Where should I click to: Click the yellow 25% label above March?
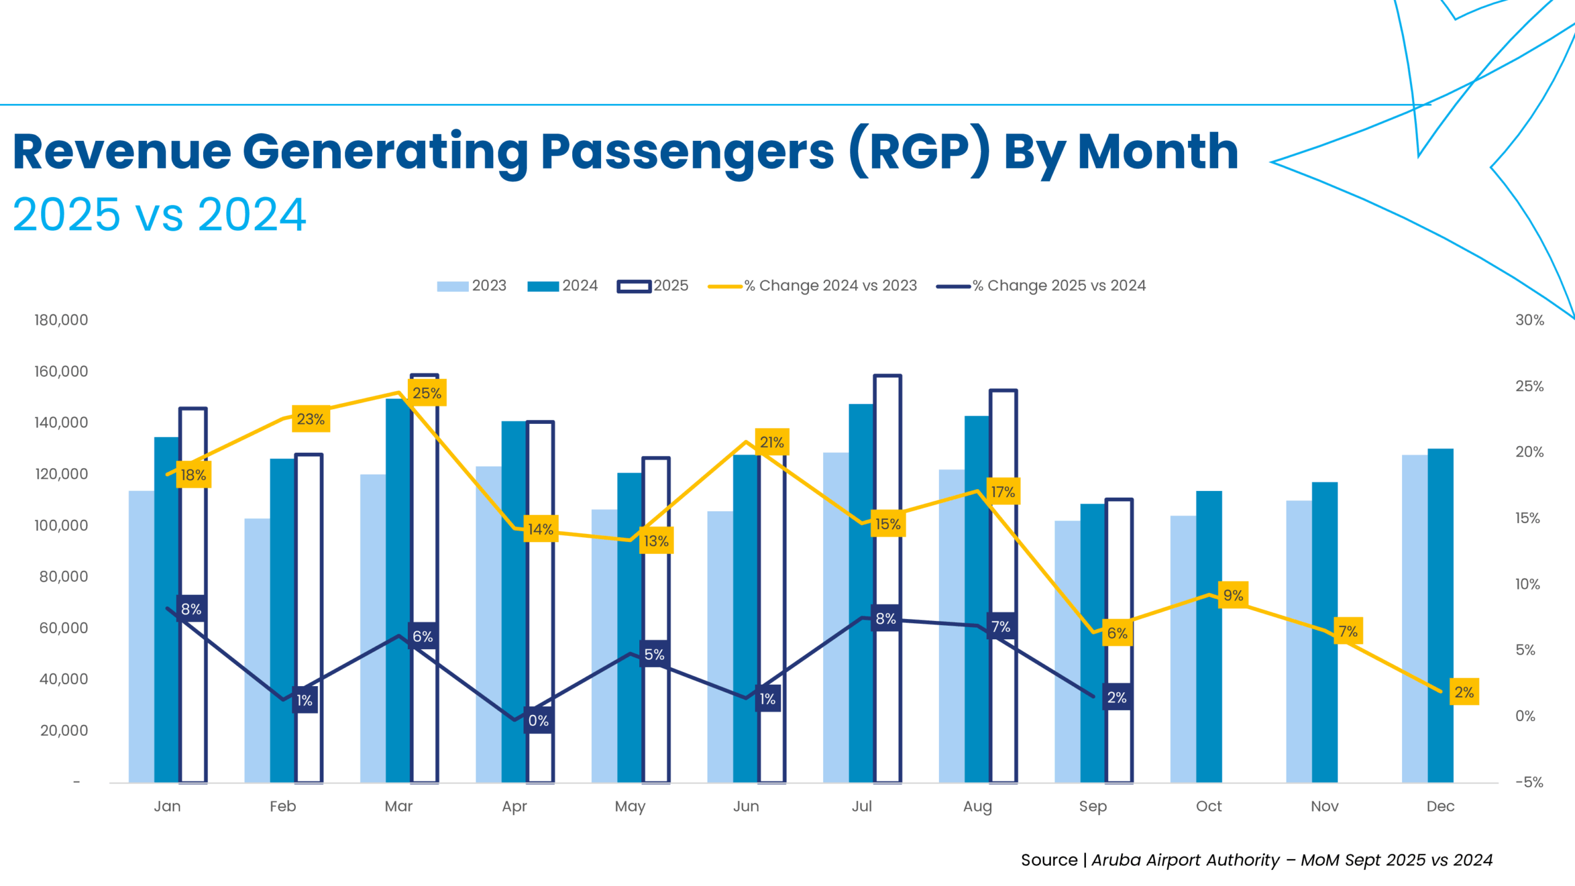[426, 393]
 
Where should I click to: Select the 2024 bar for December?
[1440, 615]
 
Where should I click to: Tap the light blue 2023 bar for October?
[1182, 649]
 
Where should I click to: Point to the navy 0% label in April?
[538, 720]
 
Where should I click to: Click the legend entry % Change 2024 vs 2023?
[812, 285]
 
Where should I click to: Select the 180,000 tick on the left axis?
[61, 320]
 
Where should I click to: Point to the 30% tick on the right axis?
[1529, 320]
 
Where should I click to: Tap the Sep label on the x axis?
[1093, 806]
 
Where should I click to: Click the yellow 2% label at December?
[1464, 692]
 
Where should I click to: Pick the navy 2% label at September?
[1116, 697]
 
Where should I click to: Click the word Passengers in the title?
[687, 152]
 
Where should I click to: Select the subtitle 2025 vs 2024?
[159, 215]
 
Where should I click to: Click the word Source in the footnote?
[1049, 860]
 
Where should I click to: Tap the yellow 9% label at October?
[1232, 595]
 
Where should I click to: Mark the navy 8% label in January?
[191, 609]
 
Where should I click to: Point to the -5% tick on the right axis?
[1529, 782]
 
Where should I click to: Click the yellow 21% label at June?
[772, 442]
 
